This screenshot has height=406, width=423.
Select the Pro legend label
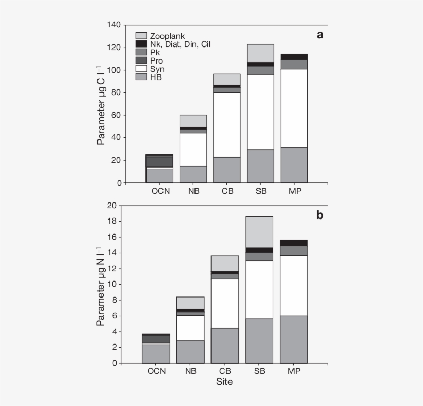(x=156, y=60)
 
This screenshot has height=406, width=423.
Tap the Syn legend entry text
(x=157, y=69)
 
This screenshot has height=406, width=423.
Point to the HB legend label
(x=156, y=77)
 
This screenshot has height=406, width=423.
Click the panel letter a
(x=320, y=35)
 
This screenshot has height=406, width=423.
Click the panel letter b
(x=320, y=215)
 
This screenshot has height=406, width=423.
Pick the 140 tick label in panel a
(x=114, y=25)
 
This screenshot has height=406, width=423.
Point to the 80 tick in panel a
(x=116, y=93)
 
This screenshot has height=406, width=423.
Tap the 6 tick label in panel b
(x=115, y=316)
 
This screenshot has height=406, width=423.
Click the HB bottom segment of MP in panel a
(x=294, y=165)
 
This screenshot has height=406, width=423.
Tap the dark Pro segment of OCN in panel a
(x=159, y=161)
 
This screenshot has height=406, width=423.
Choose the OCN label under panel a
(x=160, y=191)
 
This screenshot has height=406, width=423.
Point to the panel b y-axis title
(x=101, y=289)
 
